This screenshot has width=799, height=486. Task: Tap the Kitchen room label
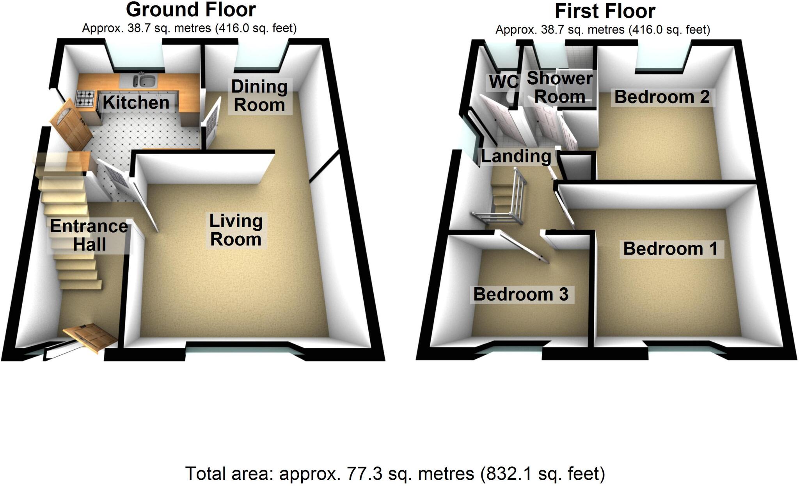point(136,103)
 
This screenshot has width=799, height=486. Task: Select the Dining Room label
point(259,96)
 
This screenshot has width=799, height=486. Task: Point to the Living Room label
point(236,230)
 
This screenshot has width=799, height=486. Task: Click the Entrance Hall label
point(89,235)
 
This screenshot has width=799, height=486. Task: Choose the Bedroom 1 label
point(670,249)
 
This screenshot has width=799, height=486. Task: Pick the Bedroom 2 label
point(662,97)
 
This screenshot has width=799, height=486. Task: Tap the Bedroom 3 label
point(520,294)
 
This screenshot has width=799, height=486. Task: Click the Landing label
point(516,156)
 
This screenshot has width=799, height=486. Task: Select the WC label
point(504,82)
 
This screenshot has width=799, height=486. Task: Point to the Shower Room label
point(559,88)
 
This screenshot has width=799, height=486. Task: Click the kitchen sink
point(145,81)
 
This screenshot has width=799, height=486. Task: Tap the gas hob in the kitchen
point(85,98)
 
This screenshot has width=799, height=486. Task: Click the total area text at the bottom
point(395,474)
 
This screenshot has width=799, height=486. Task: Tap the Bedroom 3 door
point(523,247)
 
